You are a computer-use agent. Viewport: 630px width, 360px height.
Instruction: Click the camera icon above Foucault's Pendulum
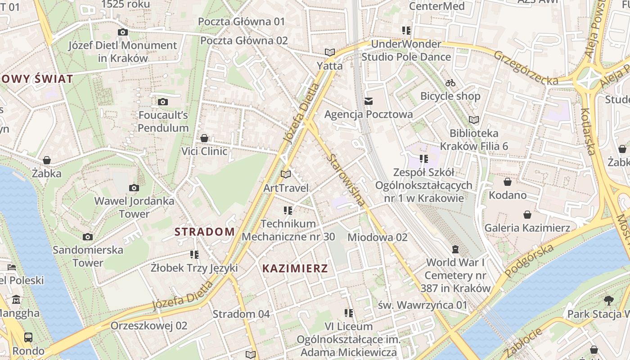[163, 102]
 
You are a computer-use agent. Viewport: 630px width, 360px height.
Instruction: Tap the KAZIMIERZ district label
[295, 269]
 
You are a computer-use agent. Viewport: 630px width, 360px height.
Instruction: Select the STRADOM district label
[204, 232]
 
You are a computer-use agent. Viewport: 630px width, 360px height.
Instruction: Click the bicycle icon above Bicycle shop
[450, 83]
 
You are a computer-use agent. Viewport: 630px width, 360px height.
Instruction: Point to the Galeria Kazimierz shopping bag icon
[527, 215]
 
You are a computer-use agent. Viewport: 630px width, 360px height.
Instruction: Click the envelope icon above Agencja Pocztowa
[369, 101]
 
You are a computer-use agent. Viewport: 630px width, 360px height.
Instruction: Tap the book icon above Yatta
[330, 52]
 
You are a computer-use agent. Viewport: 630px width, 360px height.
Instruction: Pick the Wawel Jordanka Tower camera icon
[134, 188]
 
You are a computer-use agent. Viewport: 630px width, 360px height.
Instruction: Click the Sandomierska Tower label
[88, 256]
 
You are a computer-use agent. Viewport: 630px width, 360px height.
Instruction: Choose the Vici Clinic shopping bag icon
[204, 138]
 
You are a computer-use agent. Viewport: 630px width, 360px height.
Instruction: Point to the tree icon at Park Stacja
[609, 300]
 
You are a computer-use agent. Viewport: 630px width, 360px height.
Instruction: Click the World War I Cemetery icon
[455, 249]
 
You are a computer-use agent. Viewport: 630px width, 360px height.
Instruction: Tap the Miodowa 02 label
[378, 237]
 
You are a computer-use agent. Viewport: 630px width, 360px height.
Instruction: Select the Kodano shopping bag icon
[508, 182]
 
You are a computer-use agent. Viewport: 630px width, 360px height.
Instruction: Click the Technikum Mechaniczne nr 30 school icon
[288, 210]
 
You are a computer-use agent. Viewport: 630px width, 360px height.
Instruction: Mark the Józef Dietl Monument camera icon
[122, 32]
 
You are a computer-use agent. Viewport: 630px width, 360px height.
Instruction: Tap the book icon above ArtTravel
[286, 174]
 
